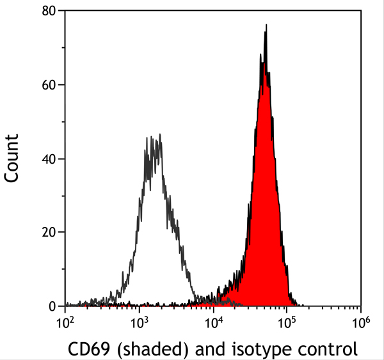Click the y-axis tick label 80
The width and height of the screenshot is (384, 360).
click(x=50, y=11)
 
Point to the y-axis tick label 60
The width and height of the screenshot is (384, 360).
click(x=50, y=84)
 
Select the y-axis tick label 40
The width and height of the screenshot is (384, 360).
click(x=50, y=159)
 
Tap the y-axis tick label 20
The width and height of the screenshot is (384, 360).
click(x=50, y=233)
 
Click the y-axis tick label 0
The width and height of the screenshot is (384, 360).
click(x=54, y=307)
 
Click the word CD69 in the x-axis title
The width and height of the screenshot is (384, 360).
click(x=88, y=349)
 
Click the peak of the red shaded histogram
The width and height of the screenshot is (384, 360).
click(x=266, y=26)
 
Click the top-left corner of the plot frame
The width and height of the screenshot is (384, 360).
click(x=65, y=11)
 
